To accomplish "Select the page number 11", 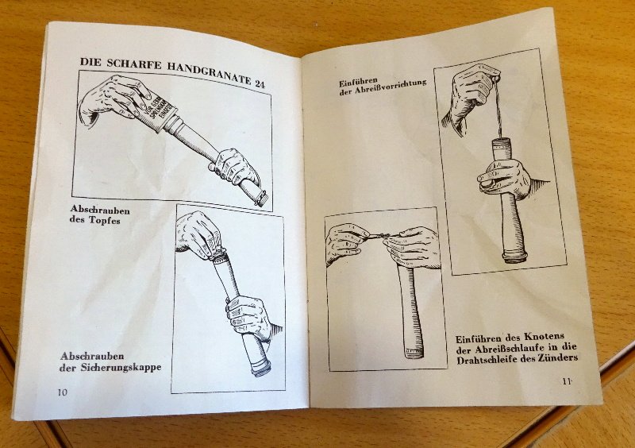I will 567,382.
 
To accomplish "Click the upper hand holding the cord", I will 474,92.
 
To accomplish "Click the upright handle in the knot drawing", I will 411,310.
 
